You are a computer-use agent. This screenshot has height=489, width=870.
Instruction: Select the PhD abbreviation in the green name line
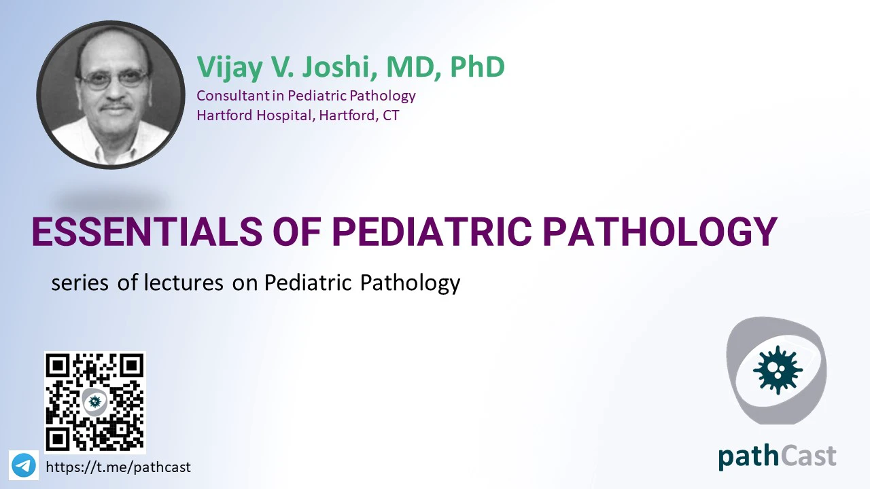(477, 67)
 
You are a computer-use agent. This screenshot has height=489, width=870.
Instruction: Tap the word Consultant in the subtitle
(232, 96)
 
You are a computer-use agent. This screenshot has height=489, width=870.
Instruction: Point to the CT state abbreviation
(391, 115)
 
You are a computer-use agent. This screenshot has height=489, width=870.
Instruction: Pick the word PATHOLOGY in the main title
(659, 232)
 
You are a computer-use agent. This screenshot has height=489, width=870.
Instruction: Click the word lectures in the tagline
(184, 282)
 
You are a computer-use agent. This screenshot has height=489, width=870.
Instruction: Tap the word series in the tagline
(80, 283)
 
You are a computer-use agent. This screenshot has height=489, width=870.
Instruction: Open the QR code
(94, 403)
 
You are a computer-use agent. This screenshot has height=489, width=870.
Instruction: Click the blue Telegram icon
(24, 465)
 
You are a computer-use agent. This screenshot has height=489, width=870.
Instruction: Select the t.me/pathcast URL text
(118, 467)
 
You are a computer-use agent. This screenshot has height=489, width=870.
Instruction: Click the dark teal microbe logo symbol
(778, 370)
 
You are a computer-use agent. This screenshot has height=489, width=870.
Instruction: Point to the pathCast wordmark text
(777, 457)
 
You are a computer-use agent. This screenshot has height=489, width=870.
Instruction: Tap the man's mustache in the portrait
(116, 106)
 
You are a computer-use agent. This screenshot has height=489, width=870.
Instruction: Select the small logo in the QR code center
(94, 401)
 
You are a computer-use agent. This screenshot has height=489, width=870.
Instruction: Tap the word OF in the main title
(297, 232)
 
